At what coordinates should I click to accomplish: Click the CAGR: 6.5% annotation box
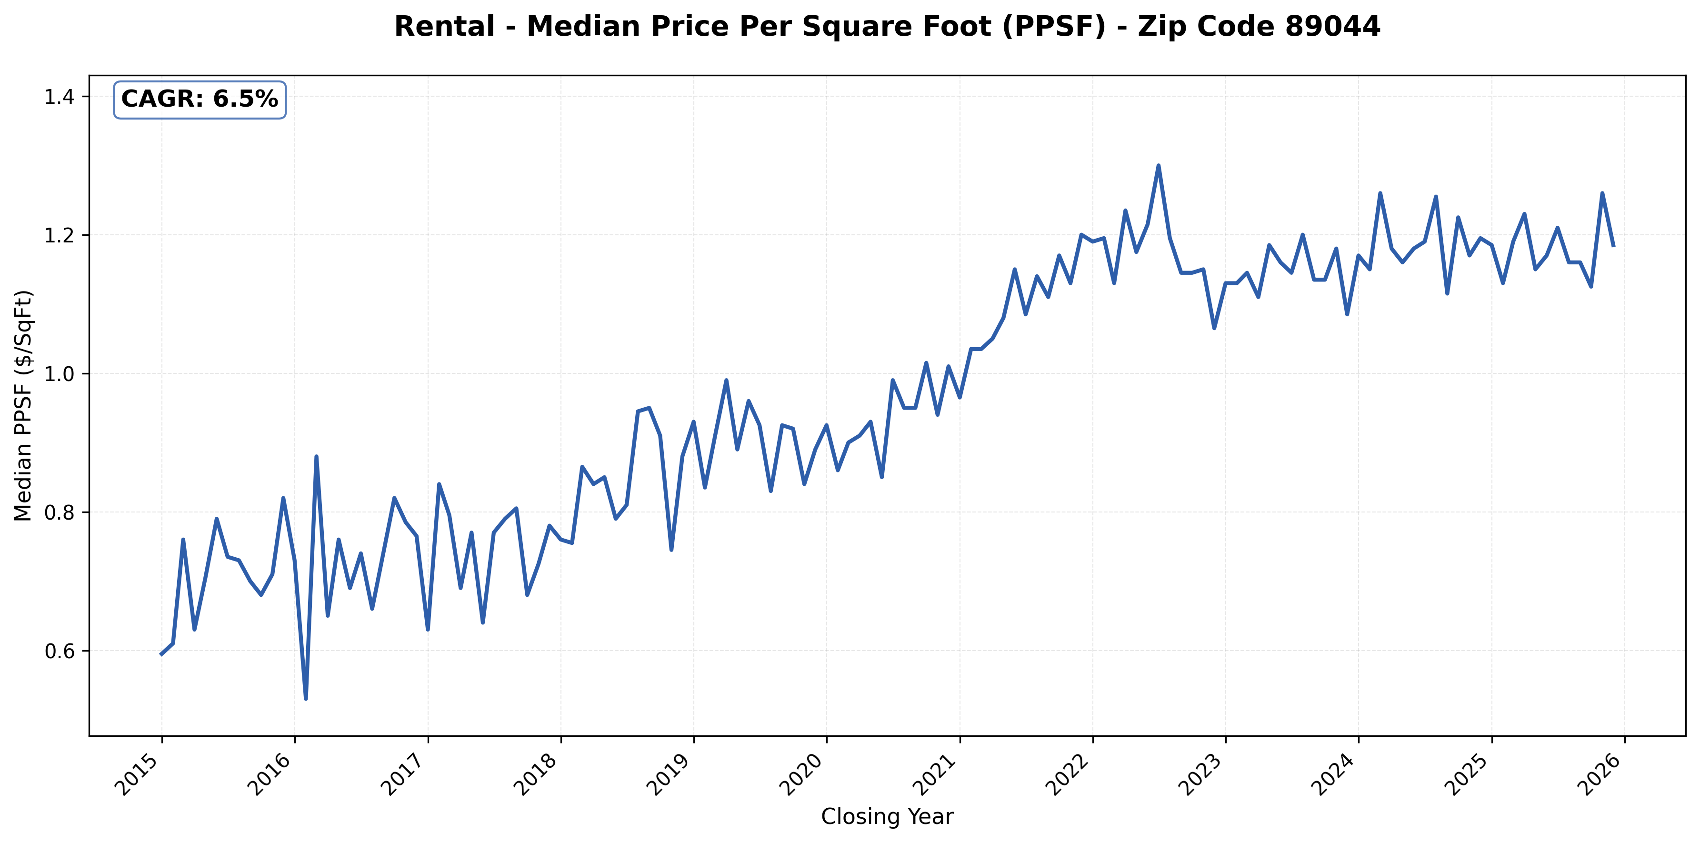200,100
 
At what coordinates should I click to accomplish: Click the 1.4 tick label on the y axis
58,97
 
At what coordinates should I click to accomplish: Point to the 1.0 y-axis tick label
58,374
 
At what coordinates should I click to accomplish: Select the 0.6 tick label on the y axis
58,652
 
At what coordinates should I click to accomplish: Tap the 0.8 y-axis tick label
58,513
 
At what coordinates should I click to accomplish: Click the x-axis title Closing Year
887,817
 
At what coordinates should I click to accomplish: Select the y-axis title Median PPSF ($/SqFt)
24,405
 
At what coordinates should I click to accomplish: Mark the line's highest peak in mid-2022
1158,166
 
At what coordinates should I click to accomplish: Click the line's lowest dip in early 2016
306,698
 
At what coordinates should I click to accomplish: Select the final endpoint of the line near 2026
1613,246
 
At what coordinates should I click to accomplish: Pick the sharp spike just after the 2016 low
317,456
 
